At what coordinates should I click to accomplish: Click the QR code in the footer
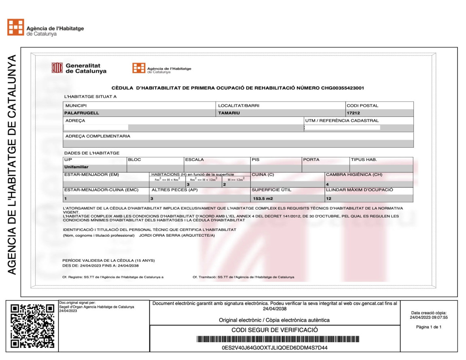(32, 326)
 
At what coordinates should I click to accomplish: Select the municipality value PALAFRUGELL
(82, 113)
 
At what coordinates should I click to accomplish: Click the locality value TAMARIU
(229, 113)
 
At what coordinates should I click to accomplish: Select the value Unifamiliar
(76, 167)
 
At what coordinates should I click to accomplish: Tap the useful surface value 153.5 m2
(264, 199)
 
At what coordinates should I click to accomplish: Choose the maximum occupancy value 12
(328, 199)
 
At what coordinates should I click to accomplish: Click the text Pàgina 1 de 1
(428, 327)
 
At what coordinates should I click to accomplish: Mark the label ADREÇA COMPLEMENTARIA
(98, 136)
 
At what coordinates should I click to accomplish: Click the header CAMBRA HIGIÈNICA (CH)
(354, 175)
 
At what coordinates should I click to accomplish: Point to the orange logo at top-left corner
(15, 27)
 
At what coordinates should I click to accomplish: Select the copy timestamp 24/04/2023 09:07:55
(428, 317)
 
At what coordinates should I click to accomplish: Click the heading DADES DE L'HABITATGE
(92, 153)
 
